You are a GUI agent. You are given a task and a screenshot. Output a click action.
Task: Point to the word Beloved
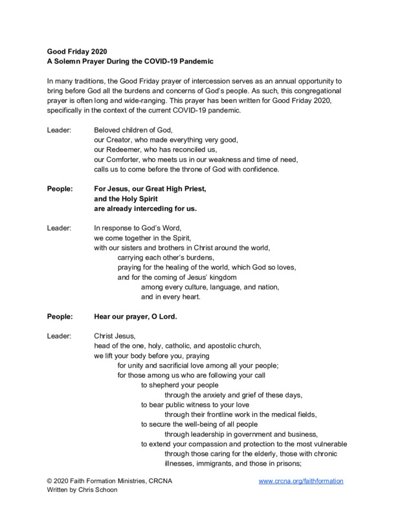tap(108, 129)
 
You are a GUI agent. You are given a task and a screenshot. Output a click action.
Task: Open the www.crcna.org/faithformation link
tap(301, 482)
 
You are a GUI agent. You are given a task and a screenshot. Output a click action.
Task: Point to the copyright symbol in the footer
tap(50, 482)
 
